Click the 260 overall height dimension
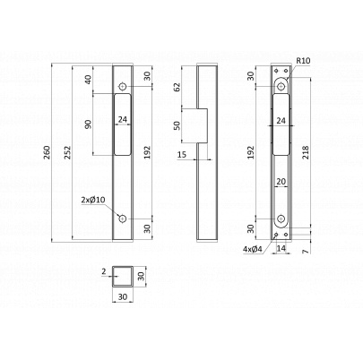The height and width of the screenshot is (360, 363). coord(48,152)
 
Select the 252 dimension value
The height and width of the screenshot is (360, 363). coord(68,152)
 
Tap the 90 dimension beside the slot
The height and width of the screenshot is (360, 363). coord(89,124)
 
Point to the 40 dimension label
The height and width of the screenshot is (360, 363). coord(89,80)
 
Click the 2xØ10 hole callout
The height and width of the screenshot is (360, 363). coord(93,200)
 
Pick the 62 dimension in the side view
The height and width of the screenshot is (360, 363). coord(177,87)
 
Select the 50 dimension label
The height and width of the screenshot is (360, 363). coord(177,125)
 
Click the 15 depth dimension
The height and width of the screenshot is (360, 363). coord(182,154)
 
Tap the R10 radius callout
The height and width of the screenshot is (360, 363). coord(304,61)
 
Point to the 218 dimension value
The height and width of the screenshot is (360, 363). coord(307,152)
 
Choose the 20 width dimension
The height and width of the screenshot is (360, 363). coord(281,181)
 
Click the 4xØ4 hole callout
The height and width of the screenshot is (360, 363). coord(253,249)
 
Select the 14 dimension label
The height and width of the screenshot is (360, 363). coord(281,248)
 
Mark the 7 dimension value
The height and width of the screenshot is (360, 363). coord(305,252)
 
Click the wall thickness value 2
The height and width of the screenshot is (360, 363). coord(104,271)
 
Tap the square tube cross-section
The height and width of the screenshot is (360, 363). coord(122,276)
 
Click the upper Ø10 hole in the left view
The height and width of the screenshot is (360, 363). coord(123,87)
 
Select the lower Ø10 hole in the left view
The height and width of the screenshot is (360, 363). coord(123,219)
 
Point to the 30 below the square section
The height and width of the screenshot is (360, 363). coord(123,296)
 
